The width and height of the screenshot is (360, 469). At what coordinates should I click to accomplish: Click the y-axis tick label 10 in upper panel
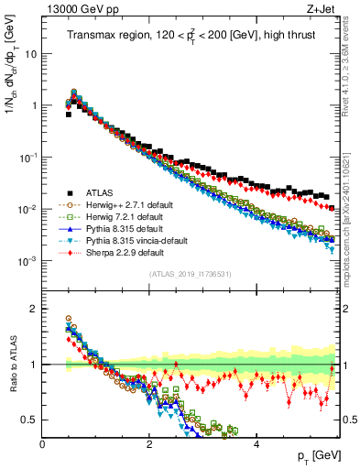point(30,54)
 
